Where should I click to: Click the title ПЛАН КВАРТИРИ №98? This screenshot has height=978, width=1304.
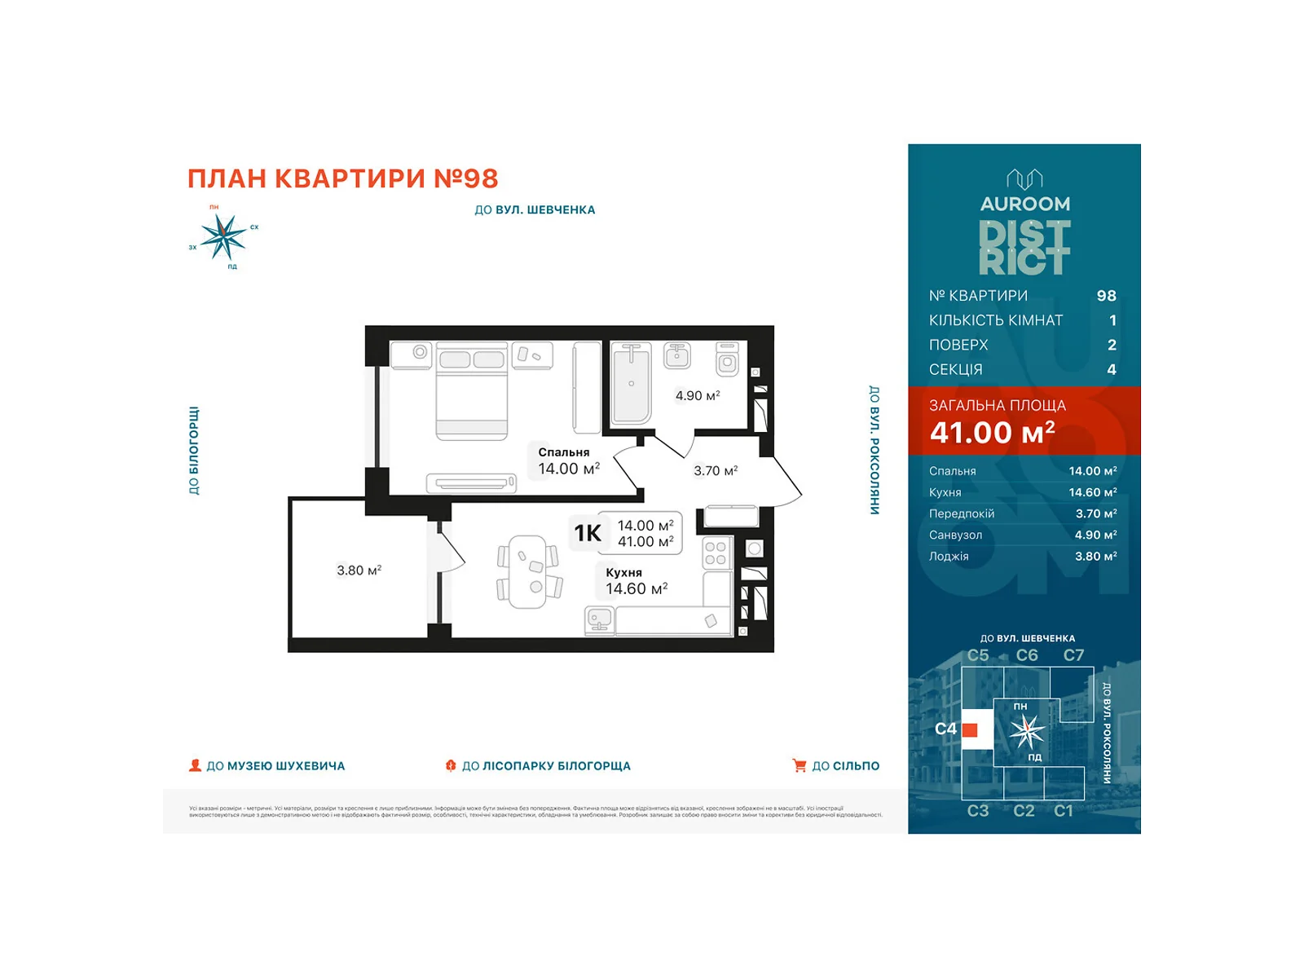(x=342, y=178)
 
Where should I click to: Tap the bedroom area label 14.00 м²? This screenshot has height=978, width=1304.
(x=569, y=469)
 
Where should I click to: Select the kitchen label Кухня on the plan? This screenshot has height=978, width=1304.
(x=623, y=572)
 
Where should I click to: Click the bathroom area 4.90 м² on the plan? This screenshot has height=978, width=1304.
(x=697, y=395)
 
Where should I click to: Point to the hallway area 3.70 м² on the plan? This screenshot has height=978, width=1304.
(x=716, y=470)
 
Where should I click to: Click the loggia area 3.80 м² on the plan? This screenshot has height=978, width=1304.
(x=359, y=570)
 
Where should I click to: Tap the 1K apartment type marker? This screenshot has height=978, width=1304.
(x=588, y=533)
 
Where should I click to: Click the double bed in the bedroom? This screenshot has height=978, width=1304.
(x=472, y=391)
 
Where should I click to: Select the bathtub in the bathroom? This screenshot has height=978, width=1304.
(x=631, y=383)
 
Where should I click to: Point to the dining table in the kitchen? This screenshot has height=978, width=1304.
(x=528, y=571)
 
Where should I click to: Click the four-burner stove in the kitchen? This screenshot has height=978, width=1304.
(x=716, y=553)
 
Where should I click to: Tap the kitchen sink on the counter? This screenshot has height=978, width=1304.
(x=599, y=621)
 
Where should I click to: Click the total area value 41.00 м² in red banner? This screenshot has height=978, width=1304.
(x=992, y=432)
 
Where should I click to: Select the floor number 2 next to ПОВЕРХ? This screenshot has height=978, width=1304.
(x=1112, y=345)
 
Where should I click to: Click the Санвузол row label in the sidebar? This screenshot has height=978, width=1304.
(x=955, y=535)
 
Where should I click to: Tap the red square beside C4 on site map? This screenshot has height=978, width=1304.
(x=970, y=729)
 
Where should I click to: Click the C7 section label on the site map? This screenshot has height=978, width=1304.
(x=1073, y=655)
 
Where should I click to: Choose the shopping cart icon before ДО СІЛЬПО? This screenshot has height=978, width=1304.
(x=799, y=765)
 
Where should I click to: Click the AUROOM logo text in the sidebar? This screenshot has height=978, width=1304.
(x=1024, y=204)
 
